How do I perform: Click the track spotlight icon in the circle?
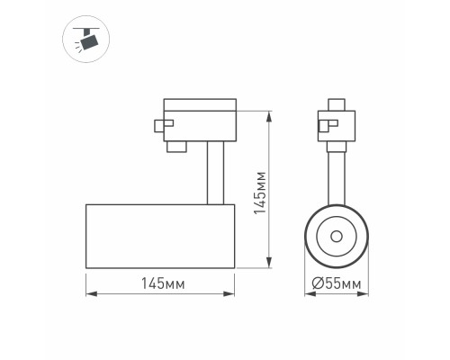point(87,39)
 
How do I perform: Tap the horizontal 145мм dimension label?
point(162,283)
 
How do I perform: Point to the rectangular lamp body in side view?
point(159,236)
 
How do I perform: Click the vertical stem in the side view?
point(213,171)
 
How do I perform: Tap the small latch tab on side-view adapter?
point(160,126)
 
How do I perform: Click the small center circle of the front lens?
point(335,236)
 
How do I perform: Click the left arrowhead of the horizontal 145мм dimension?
point(88,293)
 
